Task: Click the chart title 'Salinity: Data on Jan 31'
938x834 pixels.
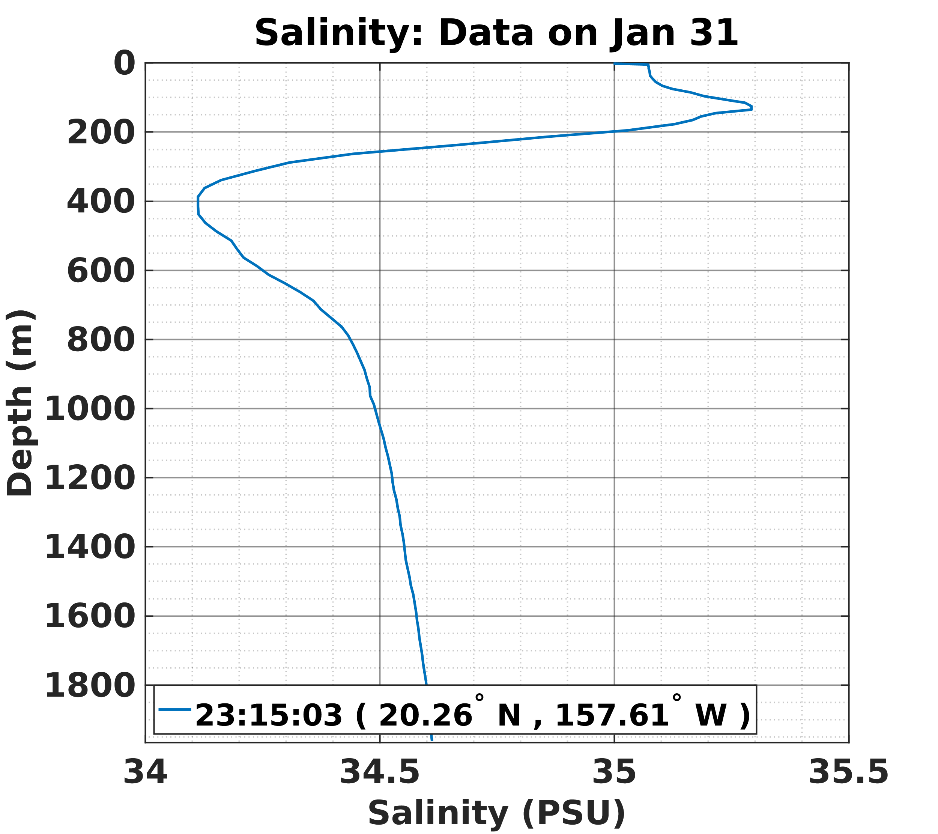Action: tap(496, 33)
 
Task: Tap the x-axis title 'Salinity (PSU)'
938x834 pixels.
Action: tap(496, 813)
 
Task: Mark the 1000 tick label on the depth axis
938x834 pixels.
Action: tap(90, 409)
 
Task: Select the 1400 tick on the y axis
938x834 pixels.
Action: tap(90, 548)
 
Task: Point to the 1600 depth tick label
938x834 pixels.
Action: tap(90, 617)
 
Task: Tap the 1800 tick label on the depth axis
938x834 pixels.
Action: tap(90, 686)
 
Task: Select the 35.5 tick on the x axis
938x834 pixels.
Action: tap(848, 772)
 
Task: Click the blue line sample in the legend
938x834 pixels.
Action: tap(175, 710)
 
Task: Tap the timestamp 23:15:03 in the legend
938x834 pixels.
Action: tap(269, 715)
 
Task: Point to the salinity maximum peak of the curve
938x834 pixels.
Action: tap(751, 107)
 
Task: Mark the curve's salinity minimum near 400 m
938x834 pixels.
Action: tap(198, 206)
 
